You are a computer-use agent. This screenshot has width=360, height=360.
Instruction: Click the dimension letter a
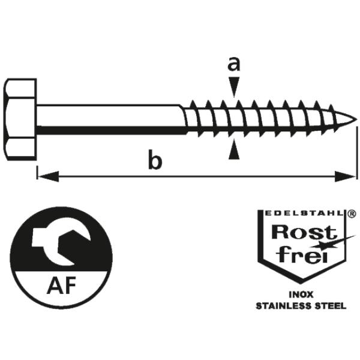[x=234, y=64]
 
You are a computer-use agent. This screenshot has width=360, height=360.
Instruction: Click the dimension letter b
[x=155, y=159]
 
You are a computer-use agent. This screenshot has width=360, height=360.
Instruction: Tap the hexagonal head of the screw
[x=20, y=119]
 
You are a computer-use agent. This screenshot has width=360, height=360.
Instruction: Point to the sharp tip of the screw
[x=356, y=119]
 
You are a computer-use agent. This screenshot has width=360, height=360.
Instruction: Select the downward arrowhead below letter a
[x=234, y=87]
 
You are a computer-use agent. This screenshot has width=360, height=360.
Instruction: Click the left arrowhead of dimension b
[x=48, y=176]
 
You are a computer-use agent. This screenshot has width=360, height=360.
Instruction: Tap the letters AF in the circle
[x=61, y=286]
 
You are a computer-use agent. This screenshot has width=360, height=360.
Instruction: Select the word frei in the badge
[x=301, y=254]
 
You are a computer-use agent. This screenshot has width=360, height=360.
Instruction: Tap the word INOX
[x=301, y=295]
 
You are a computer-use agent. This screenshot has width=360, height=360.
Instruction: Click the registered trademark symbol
[x=352, y=214]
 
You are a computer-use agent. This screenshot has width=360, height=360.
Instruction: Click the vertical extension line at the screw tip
[x=357, y=152]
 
